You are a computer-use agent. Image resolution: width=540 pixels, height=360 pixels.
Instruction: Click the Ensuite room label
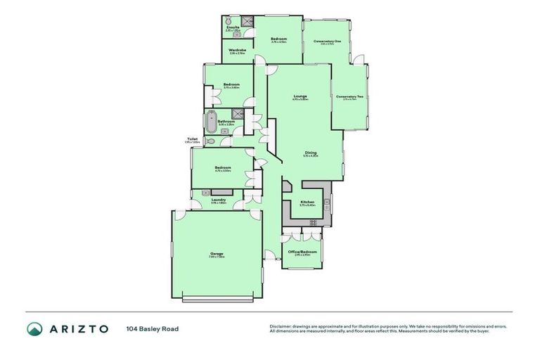click(x=233, y=27)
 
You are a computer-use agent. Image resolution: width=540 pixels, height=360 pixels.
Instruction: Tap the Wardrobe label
click(x=236, y=50)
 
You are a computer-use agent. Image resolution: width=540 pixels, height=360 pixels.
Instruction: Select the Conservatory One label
click(x=327, y=41)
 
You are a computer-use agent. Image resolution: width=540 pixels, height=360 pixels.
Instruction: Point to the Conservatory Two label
click(x=349, y=96)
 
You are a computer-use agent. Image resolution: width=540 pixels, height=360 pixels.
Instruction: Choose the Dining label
click(x=310, y=153)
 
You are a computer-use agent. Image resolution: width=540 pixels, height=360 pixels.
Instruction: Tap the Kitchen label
click(x=307, y=202)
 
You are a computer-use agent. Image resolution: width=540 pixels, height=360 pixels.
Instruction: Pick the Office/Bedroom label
click(x=302, y=252)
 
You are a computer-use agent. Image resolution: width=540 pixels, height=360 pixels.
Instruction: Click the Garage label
click(x=216, y=254)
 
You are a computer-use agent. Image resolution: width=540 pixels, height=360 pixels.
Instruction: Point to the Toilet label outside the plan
click(x=192, y=139)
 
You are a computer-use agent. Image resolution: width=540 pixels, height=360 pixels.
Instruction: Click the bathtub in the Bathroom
click(x=212, y=122)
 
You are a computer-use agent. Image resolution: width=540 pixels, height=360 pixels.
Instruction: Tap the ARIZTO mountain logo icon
click(x=34, y=328)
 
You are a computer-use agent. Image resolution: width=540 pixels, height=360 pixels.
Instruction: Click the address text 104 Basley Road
click(x=153, y=328)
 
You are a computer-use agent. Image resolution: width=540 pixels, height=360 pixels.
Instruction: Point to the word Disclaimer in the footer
click(x=280, y=326)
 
